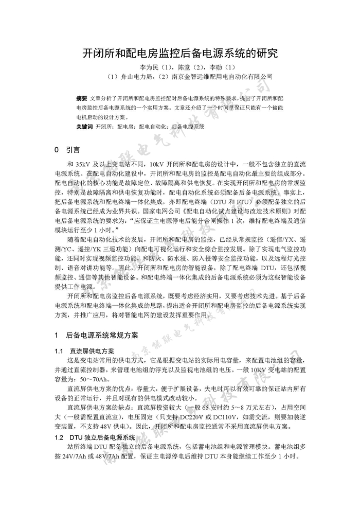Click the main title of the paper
click(180, 53)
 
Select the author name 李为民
click(149, 67)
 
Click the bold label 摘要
click(81, 98)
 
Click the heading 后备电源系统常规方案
click(102, 335)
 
